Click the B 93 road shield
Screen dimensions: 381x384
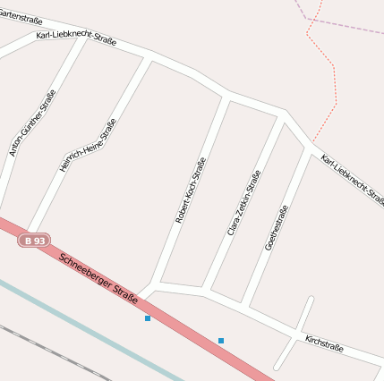35,241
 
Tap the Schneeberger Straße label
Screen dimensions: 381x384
98,277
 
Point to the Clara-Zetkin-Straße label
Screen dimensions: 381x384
244,203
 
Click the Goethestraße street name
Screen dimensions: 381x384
277,228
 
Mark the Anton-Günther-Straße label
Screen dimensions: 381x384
32,123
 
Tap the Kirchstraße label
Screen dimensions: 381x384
324,343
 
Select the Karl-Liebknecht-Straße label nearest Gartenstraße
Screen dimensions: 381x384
76,40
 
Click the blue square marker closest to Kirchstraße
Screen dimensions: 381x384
220,340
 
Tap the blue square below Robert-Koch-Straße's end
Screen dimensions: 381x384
148,317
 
